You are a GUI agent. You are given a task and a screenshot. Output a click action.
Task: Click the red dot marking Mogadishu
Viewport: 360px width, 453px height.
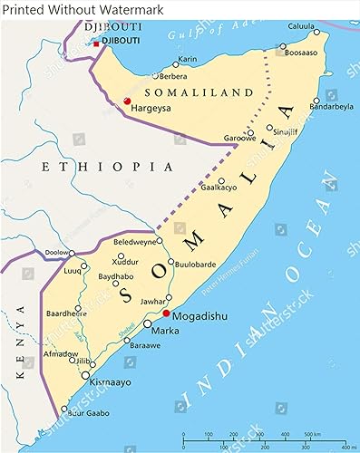[165, 313]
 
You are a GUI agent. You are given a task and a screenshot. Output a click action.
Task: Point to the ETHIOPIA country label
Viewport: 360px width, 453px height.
[107, 167]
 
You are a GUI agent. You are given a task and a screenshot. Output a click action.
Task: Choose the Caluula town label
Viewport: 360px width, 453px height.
[301, 25]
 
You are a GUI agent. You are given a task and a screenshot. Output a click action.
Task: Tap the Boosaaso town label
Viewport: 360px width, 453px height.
[301, 53]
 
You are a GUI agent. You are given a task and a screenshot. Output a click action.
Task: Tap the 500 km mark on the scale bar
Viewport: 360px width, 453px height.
[310, 435]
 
